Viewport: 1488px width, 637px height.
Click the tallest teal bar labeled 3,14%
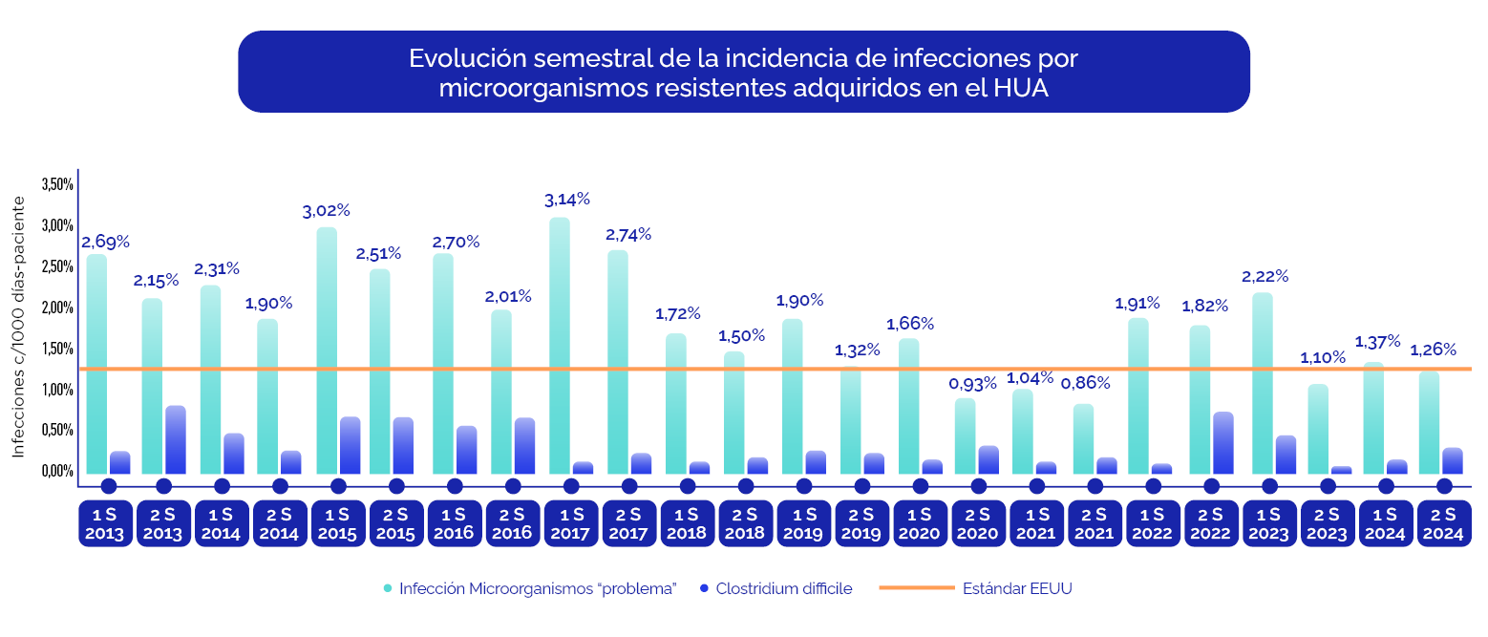(x=560, y=344)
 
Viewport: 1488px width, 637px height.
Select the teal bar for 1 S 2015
(x=327, y=349)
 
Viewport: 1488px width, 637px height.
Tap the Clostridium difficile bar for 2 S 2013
(x=175, y=439)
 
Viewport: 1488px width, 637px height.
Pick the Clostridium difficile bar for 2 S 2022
(x=1222, y=442)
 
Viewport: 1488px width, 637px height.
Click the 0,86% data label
(x=1086, y=383)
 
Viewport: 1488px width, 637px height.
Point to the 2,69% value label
(x=105, y=242)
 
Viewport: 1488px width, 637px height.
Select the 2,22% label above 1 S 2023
(x=1265, y=277)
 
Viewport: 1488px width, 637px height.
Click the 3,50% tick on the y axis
(x=57, y=184)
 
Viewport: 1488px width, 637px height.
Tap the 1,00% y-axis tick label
(x=57, y=390)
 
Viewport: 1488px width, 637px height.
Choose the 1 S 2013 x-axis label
(x=105, y=523)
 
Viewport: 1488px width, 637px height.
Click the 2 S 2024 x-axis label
(x=1443, y=523)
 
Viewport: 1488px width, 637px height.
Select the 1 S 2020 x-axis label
(x=920, y=523)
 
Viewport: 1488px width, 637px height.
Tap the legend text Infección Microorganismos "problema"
(x=538, y=588)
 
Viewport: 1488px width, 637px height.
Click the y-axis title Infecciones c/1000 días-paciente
(x=19, y=328)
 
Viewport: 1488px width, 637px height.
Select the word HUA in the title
(x=1021, y=88)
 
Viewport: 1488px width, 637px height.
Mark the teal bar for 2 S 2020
(x=965, y=435)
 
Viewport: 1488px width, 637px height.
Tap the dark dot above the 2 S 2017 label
(x=629, y=486)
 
